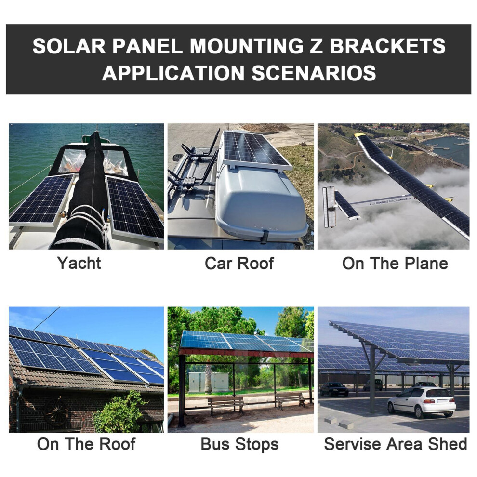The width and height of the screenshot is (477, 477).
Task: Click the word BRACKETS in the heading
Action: pos(387,46)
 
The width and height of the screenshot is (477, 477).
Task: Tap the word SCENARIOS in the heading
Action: pos(314,73)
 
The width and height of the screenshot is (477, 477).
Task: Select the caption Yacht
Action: pos(79,263)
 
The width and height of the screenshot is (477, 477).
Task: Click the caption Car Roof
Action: pos(239,264)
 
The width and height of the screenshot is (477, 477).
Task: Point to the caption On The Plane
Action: pos(395,264)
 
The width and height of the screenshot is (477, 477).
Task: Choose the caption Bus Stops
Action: pos(239,444)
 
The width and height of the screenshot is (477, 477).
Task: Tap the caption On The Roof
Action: pos(86,444)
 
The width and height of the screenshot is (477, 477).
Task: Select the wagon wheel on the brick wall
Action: pos(56,411)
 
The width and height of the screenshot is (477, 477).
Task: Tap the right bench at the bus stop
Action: pos(290,400)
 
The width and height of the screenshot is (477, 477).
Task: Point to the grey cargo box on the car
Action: pos(262,201)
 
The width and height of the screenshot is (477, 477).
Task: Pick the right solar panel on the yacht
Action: pos(135,208)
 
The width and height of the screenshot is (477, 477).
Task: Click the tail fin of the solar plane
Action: pos(329,207)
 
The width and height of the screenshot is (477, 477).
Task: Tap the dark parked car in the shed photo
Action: pos(334,389)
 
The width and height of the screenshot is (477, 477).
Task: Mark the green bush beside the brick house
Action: pos(120,412)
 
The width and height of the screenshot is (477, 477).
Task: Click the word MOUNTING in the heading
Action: pos(247,46)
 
